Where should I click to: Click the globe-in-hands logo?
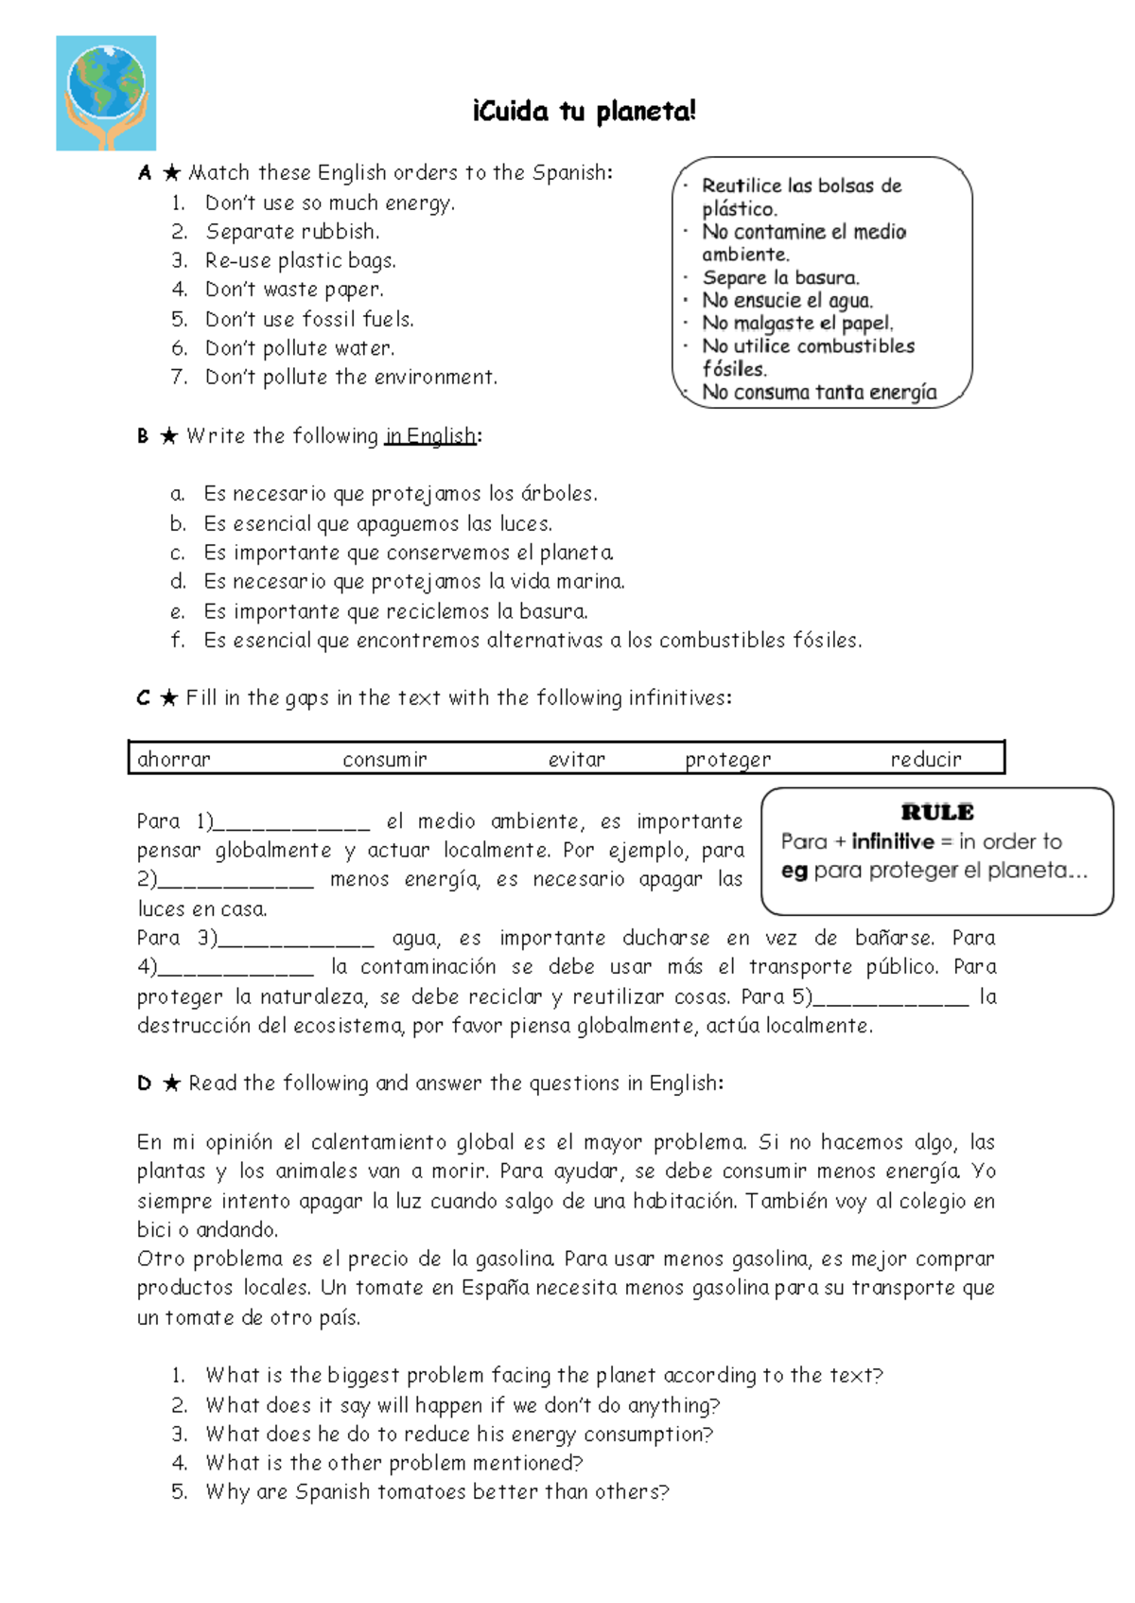pyautogui.click(x=106, y=93)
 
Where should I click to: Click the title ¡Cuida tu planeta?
pyautogui.click(x=584, y=112)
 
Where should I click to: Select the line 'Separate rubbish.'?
pyautogui.click(x=292, y=232)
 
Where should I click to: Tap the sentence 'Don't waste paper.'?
pyautogui.click(x=294, y=290)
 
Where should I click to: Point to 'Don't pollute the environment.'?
pyautogui.click(x=351, y=378)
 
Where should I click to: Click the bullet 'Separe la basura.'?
pyautogui.click(x=780, y=277)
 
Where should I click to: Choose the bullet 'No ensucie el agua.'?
pyautogui.click(x=787, y=301)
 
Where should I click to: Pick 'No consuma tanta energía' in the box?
pyautogui.click(x=819, y=393)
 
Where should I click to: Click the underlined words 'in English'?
pyautogui.click(x=430, y=436)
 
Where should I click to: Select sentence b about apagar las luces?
pyautogui.click(x=378, y=523)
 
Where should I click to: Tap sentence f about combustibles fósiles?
pyautogui.click(x=533, y=641)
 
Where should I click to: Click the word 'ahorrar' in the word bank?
pyautogui.click(x=174, y=759)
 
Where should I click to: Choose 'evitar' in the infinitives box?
pyautogui.click(x=576, y=759)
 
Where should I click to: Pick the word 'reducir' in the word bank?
pyautogui.click(x=925, y=759)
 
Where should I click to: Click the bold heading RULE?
pyautogui.click(x=937, y=812)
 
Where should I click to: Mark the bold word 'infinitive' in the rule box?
pyautogui.click(x=892, y=841)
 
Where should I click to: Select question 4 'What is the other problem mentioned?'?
pyautogui.click(x=393, y=1463)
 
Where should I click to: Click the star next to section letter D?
pyautogui.click(x=171, y=1083)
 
